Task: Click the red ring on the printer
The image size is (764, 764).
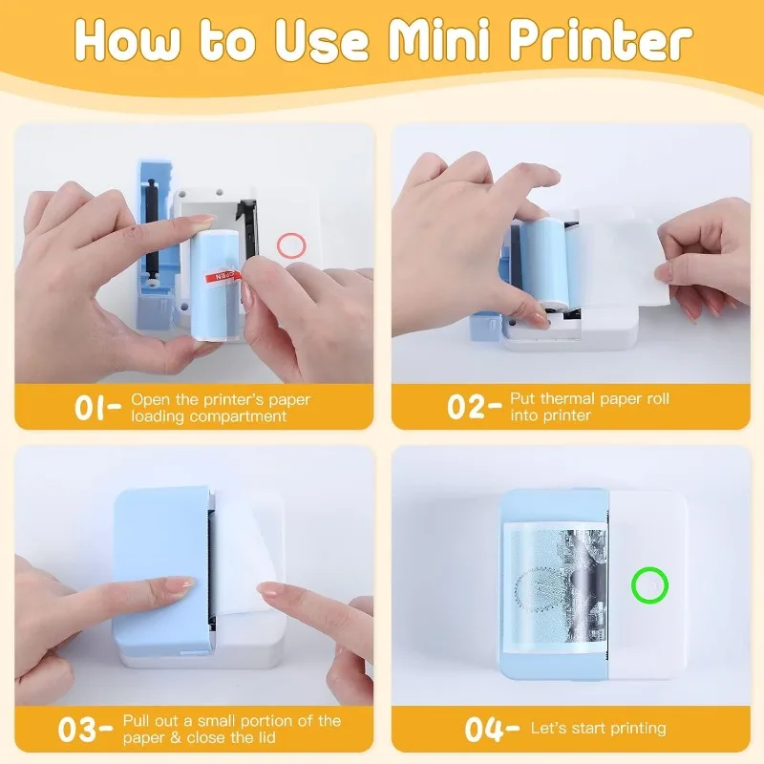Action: [x=291, y=245]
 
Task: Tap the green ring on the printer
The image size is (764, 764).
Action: [x=650, y=585]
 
